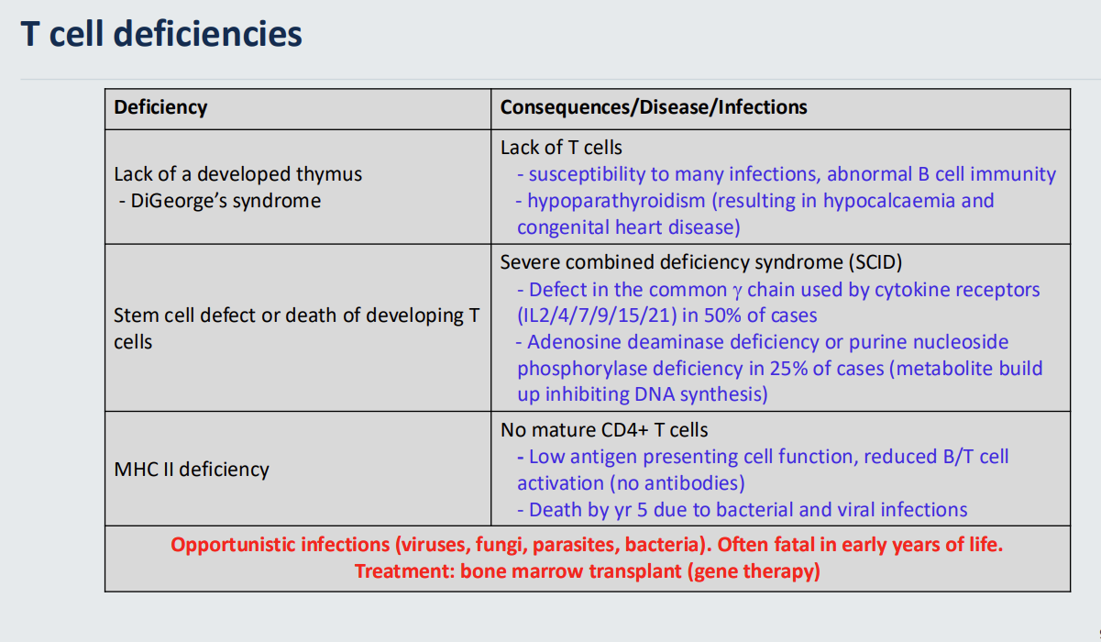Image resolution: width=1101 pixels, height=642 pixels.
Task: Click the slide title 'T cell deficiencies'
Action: tap(161, 34)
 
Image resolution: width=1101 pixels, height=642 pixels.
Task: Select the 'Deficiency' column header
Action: tap(160, 107)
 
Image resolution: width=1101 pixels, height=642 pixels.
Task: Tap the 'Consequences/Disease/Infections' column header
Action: tap(654, 107)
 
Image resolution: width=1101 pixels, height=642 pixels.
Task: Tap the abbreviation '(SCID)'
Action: tap(875, 262)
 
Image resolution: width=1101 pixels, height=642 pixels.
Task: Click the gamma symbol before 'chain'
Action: tap(737, 292)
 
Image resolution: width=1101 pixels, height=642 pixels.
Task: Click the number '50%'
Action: tap(722, 315)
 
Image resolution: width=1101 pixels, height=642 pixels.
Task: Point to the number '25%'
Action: tap(788, 369)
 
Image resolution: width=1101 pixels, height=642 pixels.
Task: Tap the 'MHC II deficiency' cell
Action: tap(192, 470)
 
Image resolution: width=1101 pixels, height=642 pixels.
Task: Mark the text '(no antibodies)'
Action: tap(677, 483)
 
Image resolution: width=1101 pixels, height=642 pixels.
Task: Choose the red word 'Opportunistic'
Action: tap(231, 545)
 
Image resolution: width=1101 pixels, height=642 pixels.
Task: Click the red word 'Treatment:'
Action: tap(405, 571)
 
